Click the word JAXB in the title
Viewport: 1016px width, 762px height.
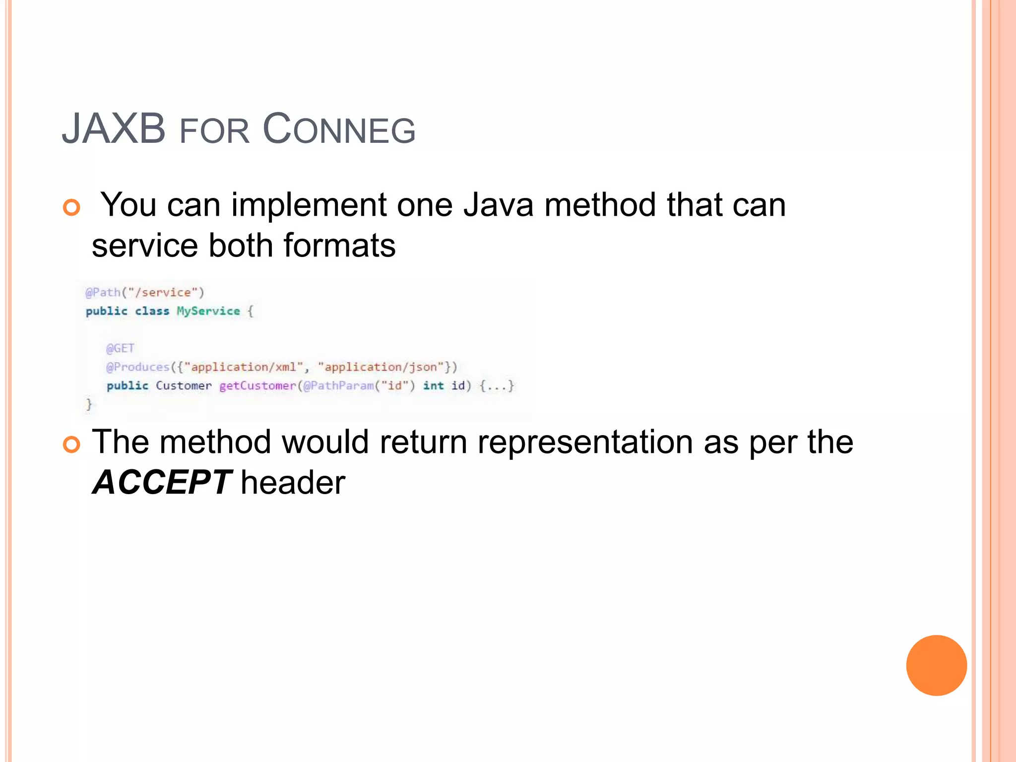114,129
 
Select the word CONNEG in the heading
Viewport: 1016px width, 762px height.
339,130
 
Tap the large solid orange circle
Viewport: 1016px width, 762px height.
936,665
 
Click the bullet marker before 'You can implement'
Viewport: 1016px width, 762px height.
71,207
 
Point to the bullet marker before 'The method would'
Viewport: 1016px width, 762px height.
71,444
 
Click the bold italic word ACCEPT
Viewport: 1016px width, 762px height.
161,483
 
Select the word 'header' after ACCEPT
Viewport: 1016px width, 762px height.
293,483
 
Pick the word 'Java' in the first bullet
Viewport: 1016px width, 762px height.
499,205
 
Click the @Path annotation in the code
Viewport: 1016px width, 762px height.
103,292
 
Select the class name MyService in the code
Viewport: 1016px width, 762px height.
208,311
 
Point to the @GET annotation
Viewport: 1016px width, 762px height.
120,348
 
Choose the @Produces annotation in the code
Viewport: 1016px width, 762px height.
138,367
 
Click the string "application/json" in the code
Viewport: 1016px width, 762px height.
381,367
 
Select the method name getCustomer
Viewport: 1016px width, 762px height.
257,386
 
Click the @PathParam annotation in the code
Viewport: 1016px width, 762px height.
338,386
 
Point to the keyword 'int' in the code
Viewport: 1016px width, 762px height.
433,386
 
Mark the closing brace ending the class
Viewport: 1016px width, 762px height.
89,404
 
